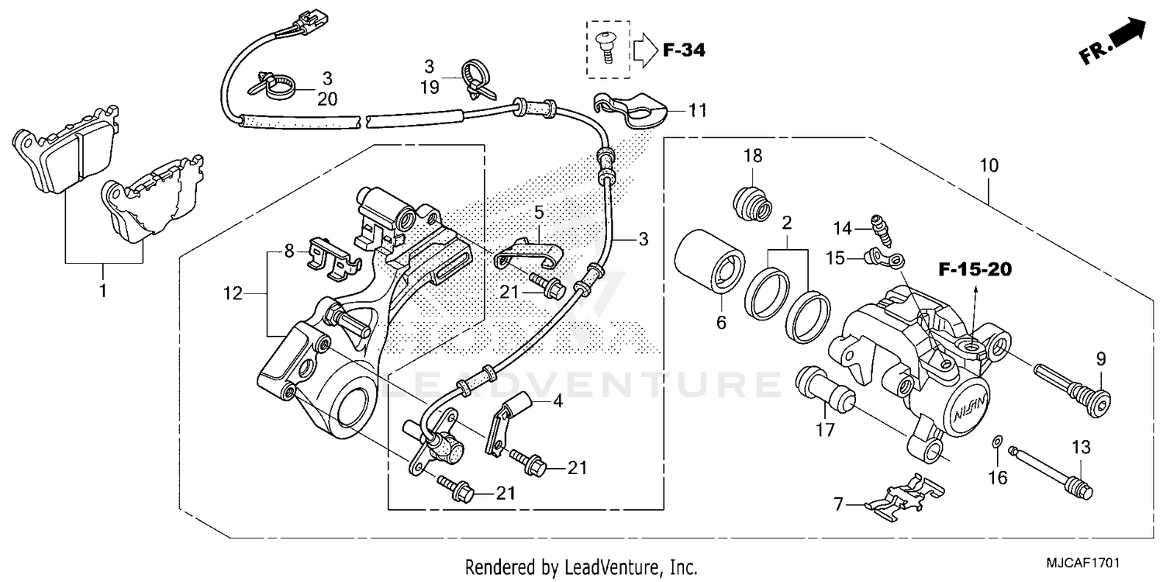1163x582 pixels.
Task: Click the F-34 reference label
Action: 684,51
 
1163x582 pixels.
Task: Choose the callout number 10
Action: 989,166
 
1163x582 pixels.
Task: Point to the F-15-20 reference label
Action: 975,270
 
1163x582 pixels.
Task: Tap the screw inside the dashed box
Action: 606,44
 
